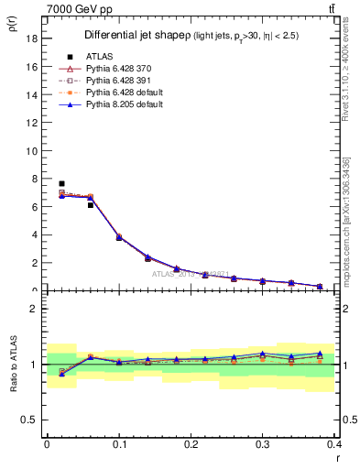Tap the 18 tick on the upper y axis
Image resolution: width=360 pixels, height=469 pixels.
pos(32,39)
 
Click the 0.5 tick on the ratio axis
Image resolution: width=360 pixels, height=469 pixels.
pos(30,420)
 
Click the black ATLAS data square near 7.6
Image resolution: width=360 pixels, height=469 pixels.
pos(61,184)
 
